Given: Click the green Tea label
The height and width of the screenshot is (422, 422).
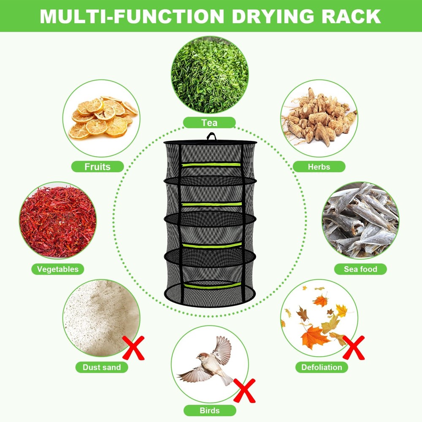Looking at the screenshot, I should click(209, 123).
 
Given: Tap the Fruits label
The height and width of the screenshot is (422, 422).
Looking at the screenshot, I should click(97, 166).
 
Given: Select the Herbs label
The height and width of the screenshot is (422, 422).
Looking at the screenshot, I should click(319, 166).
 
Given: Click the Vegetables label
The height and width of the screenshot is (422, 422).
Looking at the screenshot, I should click(57, 269).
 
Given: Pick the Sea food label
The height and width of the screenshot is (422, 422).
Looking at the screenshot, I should click(360, 269).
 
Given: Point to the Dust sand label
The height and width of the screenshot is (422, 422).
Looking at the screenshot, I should click(102, 367).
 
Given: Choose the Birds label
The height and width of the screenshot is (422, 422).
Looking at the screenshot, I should click(209, 410).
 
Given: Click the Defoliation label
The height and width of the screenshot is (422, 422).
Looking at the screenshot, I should click(322, 367).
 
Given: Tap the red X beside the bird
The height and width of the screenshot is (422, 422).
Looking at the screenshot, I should click(244, 391).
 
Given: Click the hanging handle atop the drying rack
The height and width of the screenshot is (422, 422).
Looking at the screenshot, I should click(211, 137).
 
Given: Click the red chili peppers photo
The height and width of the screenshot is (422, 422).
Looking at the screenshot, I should click(58, 221).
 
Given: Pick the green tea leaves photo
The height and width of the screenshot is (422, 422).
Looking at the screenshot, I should click(209, 75).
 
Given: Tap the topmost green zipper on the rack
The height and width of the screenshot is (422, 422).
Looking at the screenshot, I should click(211, 164).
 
